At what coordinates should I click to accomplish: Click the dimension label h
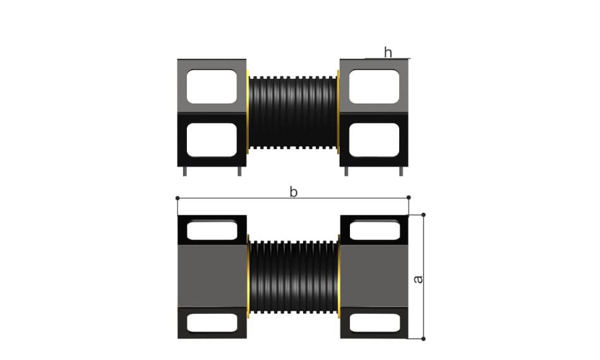(x=388, y=52)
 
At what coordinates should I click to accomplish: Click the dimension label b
(x=294, y=192)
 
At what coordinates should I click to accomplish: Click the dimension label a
(x=419, y=279)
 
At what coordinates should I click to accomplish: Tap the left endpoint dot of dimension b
(x=177, y=198)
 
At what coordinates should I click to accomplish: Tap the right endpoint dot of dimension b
(x=409, y=198)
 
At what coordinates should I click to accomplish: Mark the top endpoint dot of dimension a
(x=423, y=215)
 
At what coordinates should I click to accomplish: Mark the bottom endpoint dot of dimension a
(x=423, y=339)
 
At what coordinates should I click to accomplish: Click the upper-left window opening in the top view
(x=212, y=87)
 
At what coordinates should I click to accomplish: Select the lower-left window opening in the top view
(x=212, y=140)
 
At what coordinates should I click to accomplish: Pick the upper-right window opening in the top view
(x=375, y=87)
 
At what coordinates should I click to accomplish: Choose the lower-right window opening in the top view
(x=375, y=140)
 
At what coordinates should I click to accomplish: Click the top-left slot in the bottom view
(x=212, y=231)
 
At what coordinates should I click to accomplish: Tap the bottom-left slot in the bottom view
(x=212, y=323)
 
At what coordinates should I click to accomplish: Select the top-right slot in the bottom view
(x=375, y=231)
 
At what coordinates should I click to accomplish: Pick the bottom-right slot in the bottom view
(x=375, y=323)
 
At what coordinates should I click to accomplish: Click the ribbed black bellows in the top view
(x=293, y=112)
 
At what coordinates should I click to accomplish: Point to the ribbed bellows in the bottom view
(x=294, y=277)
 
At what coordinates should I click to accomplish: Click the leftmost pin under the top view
(x=185, y=171)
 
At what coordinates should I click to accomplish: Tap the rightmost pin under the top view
(x=401, y=171)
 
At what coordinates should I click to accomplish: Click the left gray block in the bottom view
(x=212, y=276)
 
